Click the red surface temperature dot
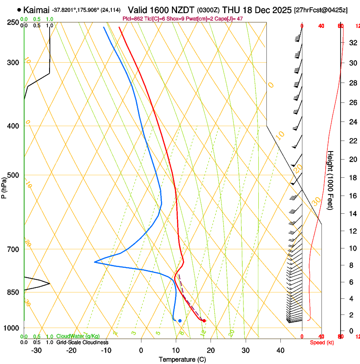[204, 320]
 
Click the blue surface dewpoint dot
[180, 320]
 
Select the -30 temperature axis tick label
[36, 350]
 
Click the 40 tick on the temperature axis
[280, 350]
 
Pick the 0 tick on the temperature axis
[141, 350]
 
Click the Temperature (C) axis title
[182, 359]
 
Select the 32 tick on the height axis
[352, 43]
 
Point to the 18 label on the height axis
[352, 178]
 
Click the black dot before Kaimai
[19, 10]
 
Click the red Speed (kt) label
[322, 342]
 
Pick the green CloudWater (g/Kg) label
[78, 336]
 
